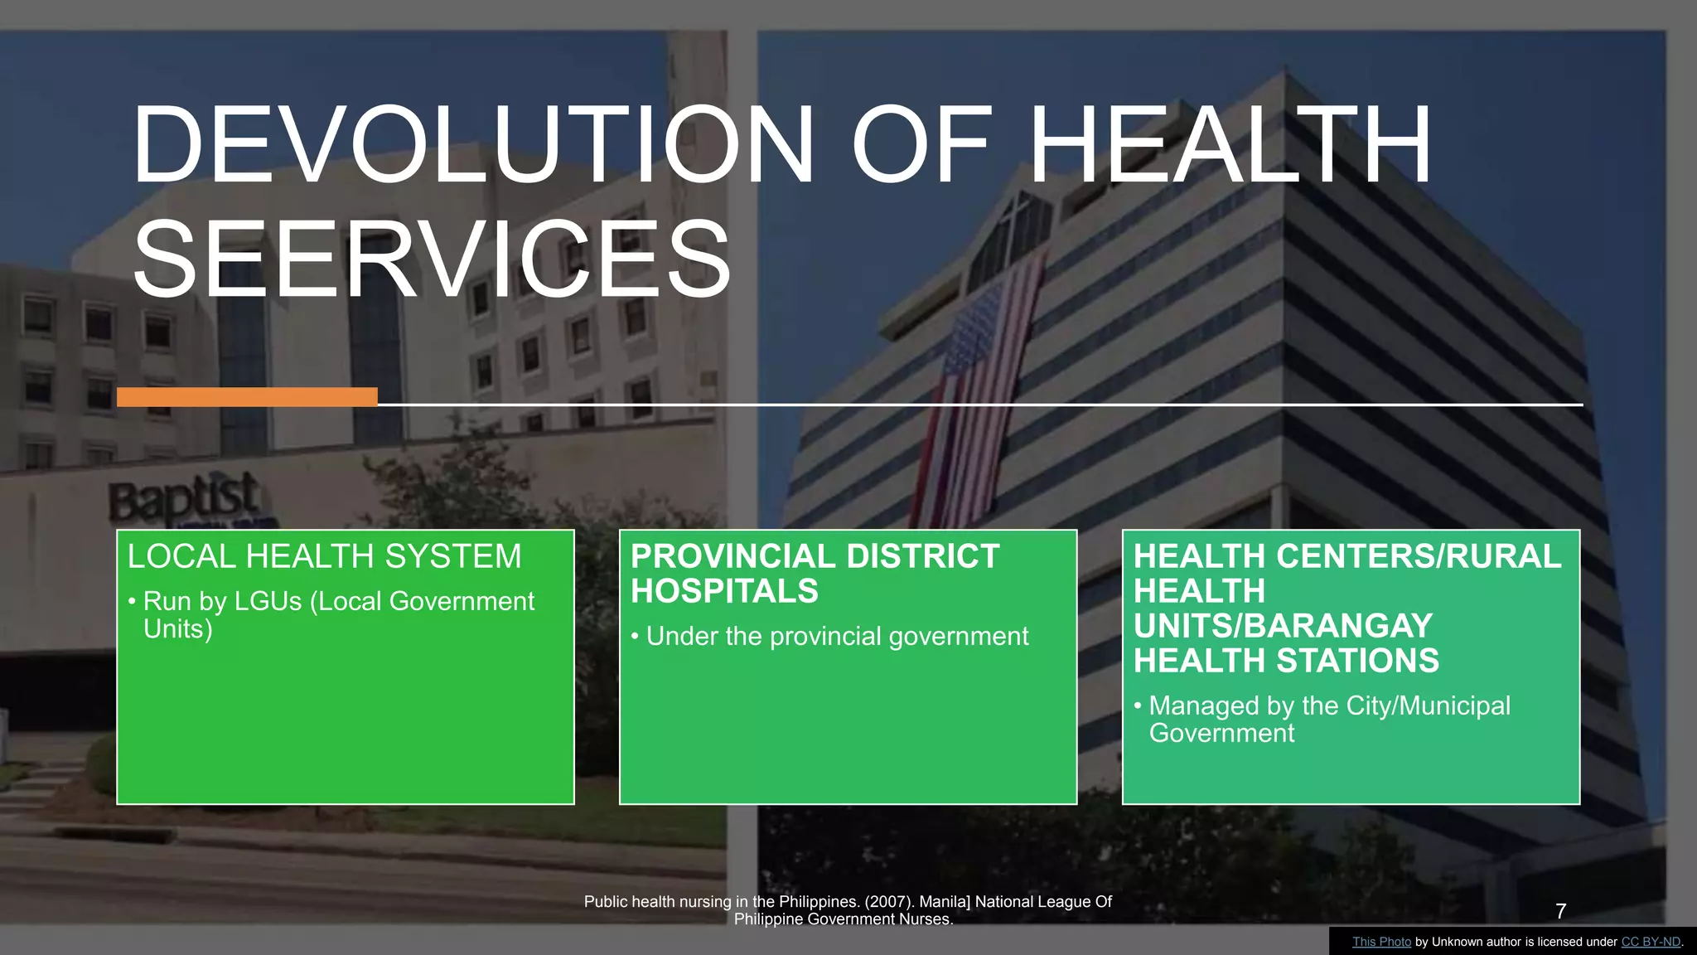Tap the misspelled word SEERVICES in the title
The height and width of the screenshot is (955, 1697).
pyautogui.click(x=432, y=259)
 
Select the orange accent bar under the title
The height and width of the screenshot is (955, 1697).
pyautogui.click(x=247, y=397)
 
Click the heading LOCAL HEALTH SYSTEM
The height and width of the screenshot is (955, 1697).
pyautogui.click(x=324, y=556)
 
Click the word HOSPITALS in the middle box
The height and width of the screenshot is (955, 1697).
pyautogui.click(x=724, y=591)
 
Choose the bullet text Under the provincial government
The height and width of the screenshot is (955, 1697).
pyautogui.click(x=837, y=636)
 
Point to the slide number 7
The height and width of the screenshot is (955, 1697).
pyautogui.click(x=1561, y=911)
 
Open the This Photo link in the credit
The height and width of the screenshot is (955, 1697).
pyautogui.click(x=1381, y=942)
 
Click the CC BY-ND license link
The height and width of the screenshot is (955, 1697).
pyautogui.click(x=1651, y=942)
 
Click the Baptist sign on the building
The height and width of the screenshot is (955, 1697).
pyautogui.click(x=184, y=500)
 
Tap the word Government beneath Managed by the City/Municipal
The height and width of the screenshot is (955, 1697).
pyautogui.click(x=1221, y=733)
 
